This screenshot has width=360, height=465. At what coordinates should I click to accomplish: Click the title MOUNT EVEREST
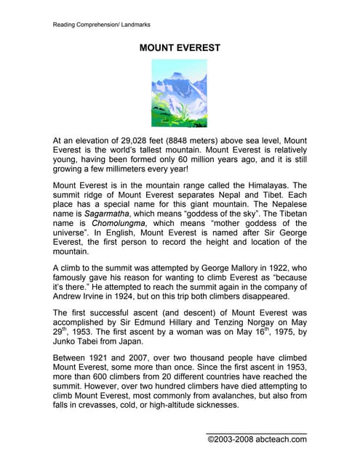click(x=179, y=48)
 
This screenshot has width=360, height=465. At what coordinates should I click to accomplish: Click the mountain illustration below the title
click(x=179, y=94)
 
